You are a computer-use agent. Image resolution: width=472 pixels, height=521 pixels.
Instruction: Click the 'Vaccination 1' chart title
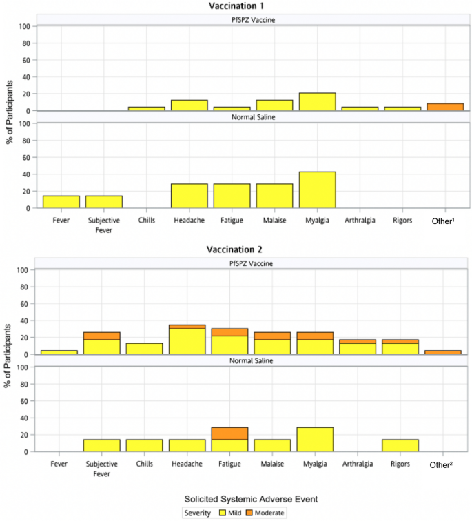pos(236,6)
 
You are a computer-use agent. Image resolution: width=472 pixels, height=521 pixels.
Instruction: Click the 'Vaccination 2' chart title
pos(236,249)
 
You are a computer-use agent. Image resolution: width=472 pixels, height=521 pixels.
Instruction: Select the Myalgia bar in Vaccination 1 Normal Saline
pos(317,190)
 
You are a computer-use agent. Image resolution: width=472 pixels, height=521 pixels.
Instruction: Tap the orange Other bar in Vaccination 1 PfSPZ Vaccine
pos(445,107)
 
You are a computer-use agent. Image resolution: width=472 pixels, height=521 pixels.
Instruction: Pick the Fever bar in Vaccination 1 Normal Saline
pos(61,202)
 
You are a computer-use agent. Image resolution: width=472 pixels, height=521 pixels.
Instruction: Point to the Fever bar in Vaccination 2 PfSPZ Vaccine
pos(59,352)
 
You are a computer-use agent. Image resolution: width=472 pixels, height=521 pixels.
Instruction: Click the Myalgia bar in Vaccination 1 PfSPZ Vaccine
pos(317,102)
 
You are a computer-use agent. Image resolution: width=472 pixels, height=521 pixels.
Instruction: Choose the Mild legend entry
pos(232,512)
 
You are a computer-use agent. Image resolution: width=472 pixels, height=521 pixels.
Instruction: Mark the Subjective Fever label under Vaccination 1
pos(103,225)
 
